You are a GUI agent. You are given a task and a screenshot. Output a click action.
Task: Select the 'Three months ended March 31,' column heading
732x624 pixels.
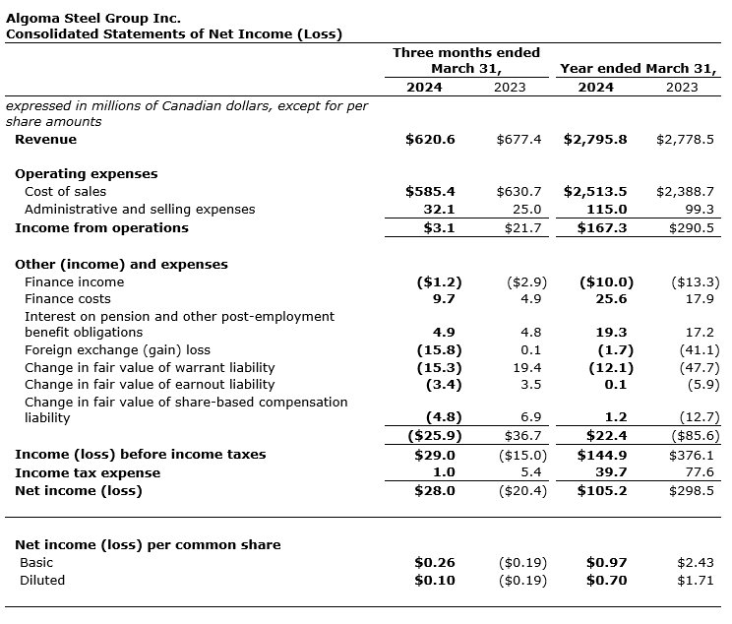tap(466, 60)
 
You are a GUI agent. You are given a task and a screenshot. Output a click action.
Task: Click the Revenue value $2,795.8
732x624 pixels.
tap(595, 140)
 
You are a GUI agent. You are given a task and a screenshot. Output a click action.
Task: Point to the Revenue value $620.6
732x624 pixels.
tap(430, 140)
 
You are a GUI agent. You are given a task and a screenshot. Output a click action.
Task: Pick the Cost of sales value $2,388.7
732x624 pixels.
tap(685, 192)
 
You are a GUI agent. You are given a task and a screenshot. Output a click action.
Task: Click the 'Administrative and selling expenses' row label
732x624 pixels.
tap(140, 210)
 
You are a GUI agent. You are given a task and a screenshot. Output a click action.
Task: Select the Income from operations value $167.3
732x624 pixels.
tap(601, 228)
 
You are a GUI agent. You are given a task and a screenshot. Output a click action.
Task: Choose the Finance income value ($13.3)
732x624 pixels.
tap(695, 282)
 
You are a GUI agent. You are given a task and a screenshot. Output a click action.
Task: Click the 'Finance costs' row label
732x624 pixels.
tap(68, 299)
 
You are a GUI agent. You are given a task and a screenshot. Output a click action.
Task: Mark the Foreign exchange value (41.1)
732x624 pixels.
tap(700, 350)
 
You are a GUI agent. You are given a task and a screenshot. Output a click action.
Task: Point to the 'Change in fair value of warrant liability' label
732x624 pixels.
tap(150, 368)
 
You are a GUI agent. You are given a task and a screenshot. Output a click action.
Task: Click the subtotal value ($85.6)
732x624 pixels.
tap(695, 436)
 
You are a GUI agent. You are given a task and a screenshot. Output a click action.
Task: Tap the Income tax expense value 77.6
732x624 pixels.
tap(700, 473)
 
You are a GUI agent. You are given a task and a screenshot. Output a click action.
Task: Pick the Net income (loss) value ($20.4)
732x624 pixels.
tap(522, 491)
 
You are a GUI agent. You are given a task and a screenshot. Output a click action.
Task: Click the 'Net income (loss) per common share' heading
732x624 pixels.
tap(148, 545)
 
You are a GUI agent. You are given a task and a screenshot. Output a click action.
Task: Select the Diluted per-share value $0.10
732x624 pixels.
tap(435, 581)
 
